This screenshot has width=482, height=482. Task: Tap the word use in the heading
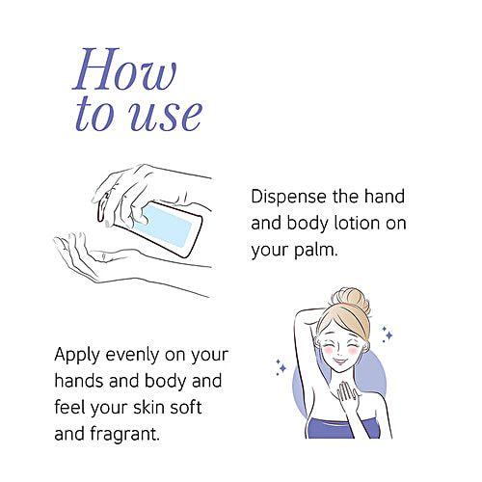pyautogui.click(x=165, y=116)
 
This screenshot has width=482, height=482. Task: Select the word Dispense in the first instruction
pyautogui.click(x=288, y=197)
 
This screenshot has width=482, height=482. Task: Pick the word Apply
pyautogui.click(x=77, y=356)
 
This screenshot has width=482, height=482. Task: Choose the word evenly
pyautogui.click(x=132, y=355)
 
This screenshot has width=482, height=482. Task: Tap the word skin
pyautogui.click(x=148, y=407)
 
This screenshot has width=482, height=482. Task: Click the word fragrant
pyautogui.click(x=124, y=434)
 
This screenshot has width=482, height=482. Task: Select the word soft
pyautogui.click(x=186, y=407)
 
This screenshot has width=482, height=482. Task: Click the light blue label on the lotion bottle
pyautogui.click(x=163, y=226)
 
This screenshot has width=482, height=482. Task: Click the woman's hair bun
pyautogui.click(x=350, y=298)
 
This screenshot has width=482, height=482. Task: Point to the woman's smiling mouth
pyautogui.click(x=340, y=361)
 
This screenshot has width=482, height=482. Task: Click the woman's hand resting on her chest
pyautogui.click(x=346, y=391)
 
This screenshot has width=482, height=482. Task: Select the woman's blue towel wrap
pyautogui.click(x=342, y=428)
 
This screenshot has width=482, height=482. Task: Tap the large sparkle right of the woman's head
pyautogui.click(x=388, y=335)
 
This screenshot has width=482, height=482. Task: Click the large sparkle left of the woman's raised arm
pyautogui.click(x=282, y=368)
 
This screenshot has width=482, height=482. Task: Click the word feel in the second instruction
pyautogui.click(x=69, y=407)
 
